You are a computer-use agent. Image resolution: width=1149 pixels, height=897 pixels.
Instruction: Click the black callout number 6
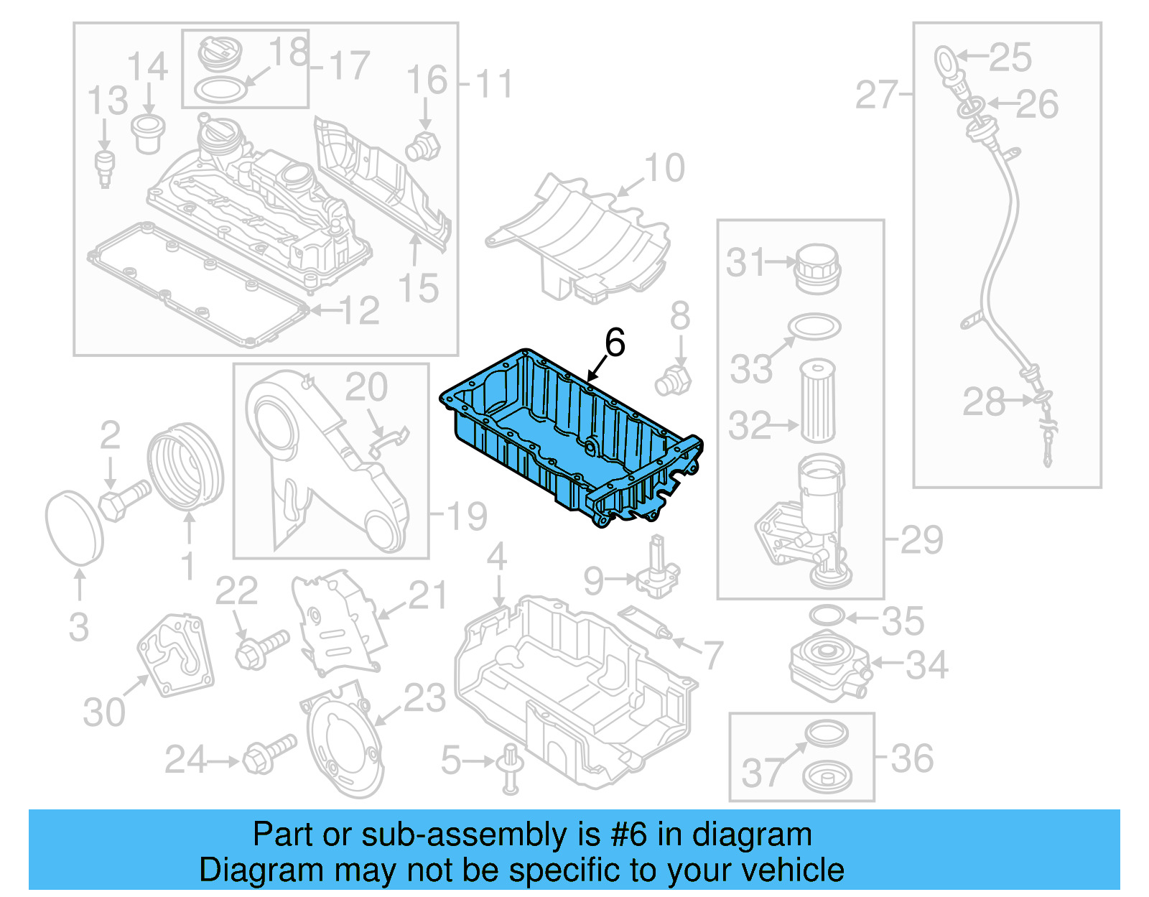615,343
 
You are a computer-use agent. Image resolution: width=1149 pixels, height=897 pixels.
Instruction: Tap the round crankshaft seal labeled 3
74,528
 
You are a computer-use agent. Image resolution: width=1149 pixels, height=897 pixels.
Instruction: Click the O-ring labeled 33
814,326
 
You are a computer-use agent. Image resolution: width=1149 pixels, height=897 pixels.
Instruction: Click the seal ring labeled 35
826,615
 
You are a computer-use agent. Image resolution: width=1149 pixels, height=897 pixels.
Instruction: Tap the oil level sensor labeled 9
656,572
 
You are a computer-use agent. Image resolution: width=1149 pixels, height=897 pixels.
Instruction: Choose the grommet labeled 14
149,132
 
